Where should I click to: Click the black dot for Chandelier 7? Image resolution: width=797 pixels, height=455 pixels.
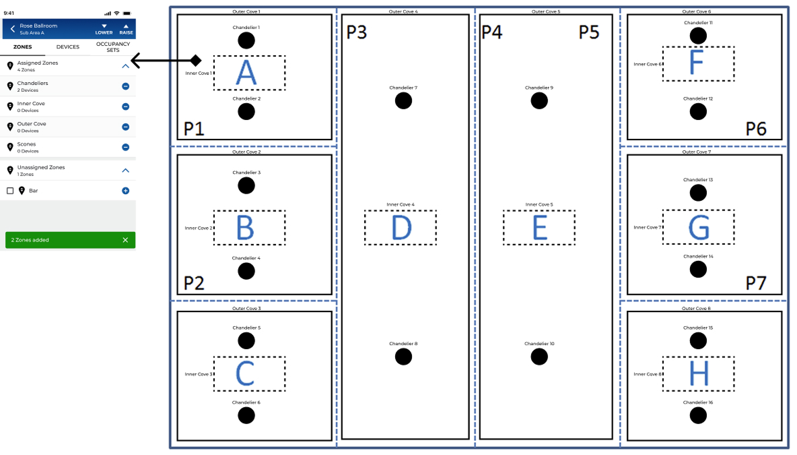[404, 100]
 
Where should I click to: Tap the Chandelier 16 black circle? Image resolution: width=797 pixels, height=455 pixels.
[698, 415]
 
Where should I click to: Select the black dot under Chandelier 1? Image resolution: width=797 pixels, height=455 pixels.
[246, 40]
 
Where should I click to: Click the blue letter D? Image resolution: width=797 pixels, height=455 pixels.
[402, 228]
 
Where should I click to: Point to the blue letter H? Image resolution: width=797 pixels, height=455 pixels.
[699, 373]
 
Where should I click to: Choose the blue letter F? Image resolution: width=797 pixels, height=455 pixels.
[697, 63]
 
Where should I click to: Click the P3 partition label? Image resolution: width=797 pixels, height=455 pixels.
[356, 32]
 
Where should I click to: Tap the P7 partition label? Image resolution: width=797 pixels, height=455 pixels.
[756, 283]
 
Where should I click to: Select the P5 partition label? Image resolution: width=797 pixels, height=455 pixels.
[589, 32]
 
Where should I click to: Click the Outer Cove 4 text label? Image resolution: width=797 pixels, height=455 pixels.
[403, 11]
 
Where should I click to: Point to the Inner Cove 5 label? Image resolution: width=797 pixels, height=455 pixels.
[539, 205]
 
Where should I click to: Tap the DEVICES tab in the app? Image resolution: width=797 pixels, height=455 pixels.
[67, 47]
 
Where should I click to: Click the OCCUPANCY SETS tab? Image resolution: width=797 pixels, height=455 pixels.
[113, 47]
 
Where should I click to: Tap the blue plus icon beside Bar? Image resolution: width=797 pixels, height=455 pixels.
[126, 191]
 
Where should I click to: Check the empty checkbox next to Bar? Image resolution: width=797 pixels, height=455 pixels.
[10, 191]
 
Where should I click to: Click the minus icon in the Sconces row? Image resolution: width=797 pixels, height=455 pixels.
[126, 148]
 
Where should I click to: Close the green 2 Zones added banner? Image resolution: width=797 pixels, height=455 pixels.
[126, 240]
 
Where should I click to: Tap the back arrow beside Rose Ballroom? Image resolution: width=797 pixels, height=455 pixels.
[13, 29]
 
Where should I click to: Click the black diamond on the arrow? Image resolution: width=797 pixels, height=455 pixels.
[196, 61]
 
